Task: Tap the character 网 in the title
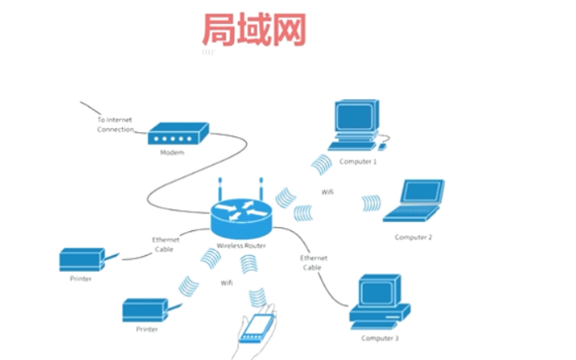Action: pos(289,28)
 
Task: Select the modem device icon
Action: pos(178,136)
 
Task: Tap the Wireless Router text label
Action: pos(241,246)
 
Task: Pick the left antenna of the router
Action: pos(221,190)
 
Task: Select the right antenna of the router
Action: pos(260,190)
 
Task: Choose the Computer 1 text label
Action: pos(357,161)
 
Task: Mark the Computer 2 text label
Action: pos(413,237)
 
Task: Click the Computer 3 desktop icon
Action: pos(378,302)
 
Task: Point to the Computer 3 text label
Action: pos(380,338)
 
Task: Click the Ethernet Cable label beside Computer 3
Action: pos(313,263)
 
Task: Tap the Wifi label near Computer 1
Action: pos(327,192)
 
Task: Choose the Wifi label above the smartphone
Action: pos(226,283)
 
